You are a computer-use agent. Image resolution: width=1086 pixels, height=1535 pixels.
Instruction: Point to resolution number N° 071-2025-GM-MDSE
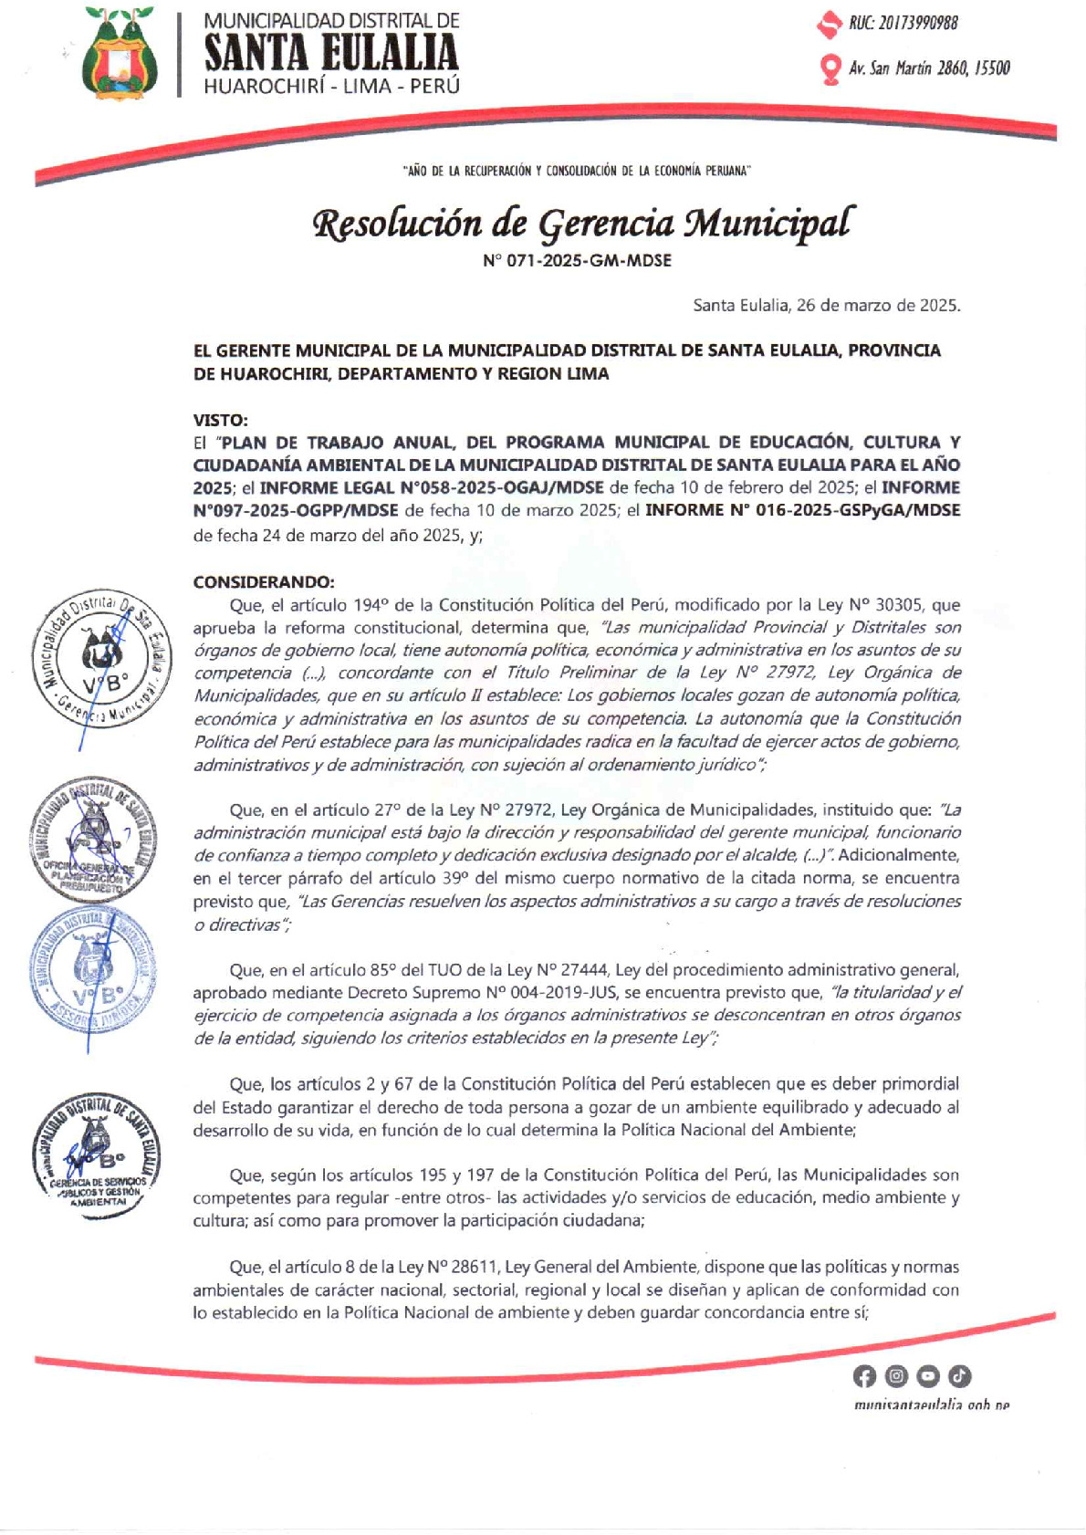577,261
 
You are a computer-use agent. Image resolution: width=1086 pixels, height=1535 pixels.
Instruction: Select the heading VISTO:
220,420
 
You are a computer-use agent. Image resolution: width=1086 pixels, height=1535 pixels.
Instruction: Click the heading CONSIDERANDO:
264,581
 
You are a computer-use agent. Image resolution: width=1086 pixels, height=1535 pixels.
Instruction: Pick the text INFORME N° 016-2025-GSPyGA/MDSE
802,510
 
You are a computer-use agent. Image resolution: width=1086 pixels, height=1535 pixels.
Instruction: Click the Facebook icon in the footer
863,1375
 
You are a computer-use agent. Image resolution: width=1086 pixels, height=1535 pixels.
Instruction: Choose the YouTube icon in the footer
927,1375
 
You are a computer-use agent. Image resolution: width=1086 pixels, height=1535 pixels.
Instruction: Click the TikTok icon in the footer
959,1375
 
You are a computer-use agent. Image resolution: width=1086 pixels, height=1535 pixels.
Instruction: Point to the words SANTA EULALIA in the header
331,53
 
